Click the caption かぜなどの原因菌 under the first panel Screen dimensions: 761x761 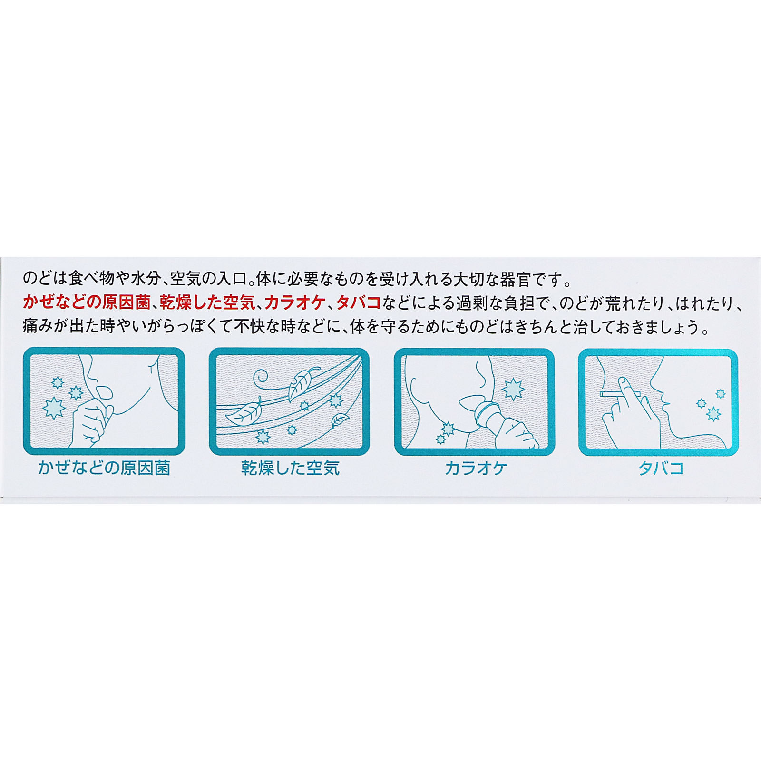click(x=104, y=468)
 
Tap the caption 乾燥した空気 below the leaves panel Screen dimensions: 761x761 click(x=290, y=468)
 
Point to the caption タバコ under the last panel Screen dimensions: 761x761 click(x=661, y=468)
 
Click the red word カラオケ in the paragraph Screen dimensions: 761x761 click(x=294, y=302)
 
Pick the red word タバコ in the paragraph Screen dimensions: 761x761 click(x=359, y=302)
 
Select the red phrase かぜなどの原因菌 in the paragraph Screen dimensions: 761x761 click(x=87, y=302)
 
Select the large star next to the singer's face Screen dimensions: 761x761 click(x=513, y=389)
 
